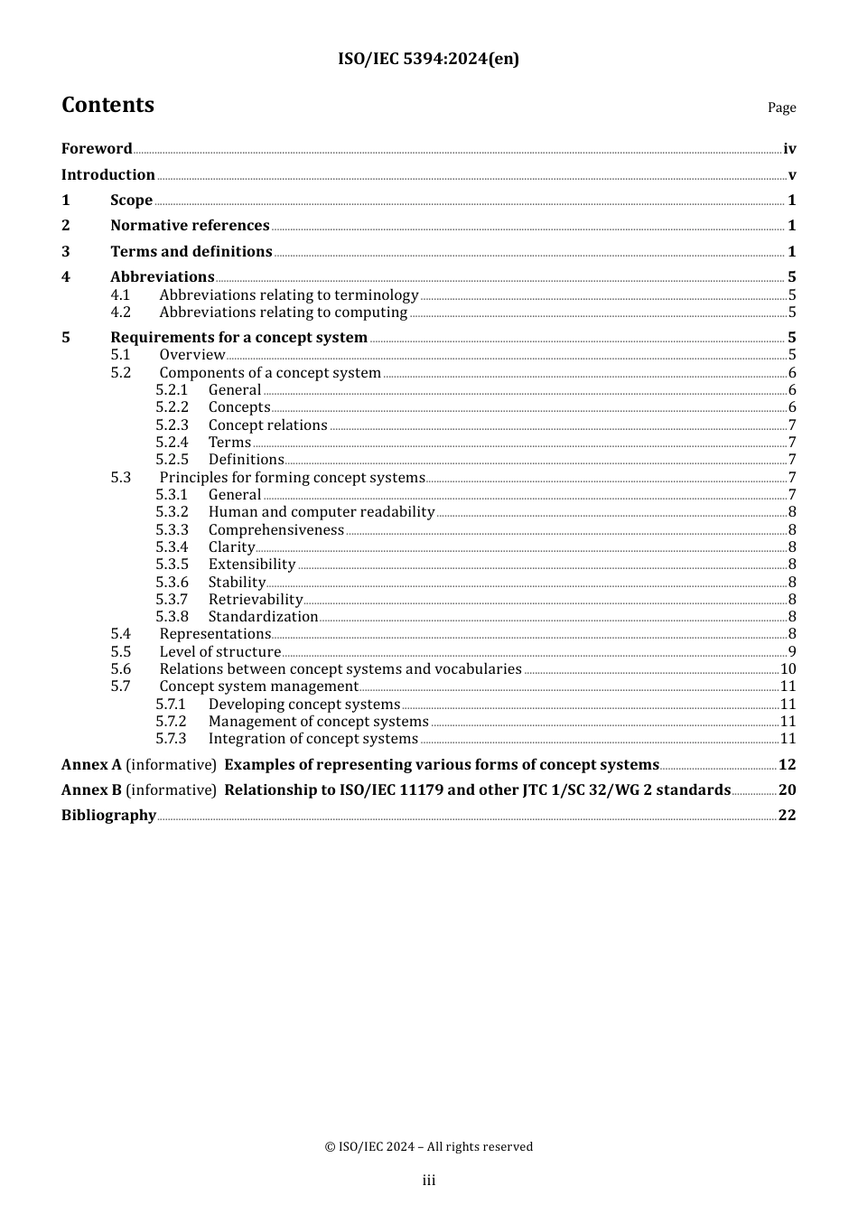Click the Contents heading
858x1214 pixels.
point(107,105)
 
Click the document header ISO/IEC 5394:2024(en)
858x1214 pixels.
point(428,59)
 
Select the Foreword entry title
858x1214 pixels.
point(97,148)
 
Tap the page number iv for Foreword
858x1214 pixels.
point(789,149)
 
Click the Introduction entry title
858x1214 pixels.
point(107,174)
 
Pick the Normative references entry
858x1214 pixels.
point(190,225)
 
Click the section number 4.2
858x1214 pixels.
point(120,312)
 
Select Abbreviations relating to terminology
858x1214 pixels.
point(288,294)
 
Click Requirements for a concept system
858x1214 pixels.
point(238,337)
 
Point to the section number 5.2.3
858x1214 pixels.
point(172,425)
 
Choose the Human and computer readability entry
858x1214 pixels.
point(321,511)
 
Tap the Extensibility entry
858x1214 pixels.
point(251,564)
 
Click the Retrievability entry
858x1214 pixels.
point(255,599)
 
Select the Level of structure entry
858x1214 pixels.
point(219,651)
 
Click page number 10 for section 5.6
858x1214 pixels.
point(788,668)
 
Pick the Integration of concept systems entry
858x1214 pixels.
point(312,738)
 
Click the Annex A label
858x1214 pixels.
point(91,764)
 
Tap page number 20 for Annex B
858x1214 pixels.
point(787,789)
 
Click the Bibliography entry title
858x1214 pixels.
point(108,815)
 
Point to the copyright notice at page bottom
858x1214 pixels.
point(428,1146)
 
